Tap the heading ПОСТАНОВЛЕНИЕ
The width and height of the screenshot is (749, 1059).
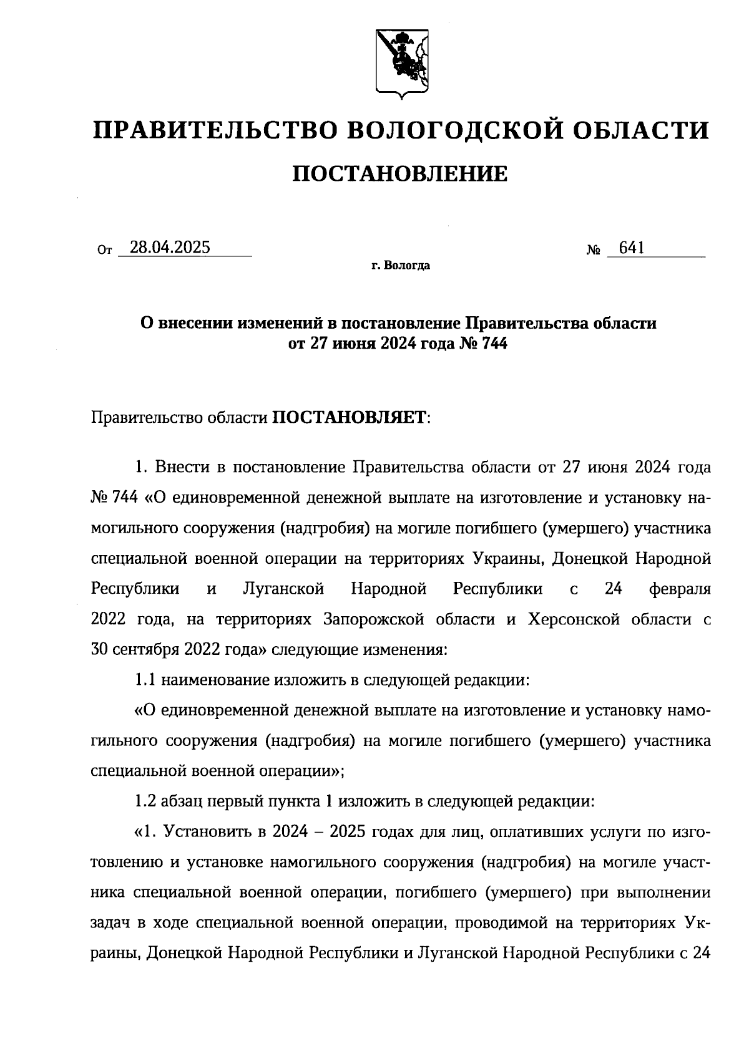coord(400,174)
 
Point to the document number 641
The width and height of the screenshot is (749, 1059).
coord(631,248)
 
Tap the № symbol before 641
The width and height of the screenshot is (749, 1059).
coord(594,251)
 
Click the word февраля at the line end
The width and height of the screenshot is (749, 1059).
coord(680,588)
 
